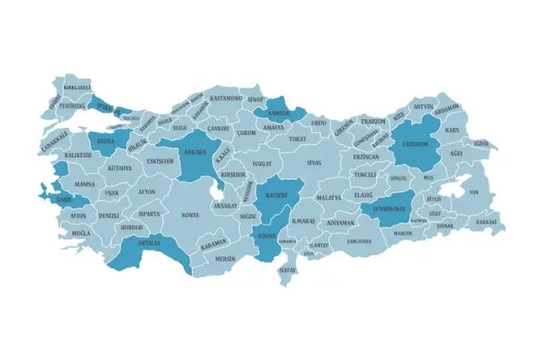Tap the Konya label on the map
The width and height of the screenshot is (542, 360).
tap(190, 215)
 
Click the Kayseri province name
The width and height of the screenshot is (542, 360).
tap(275, 195)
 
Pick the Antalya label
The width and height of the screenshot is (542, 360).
tap(149, 243)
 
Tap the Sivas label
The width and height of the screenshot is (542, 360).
tap(314, 163)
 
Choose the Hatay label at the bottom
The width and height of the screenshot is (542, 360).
tap(287, 269)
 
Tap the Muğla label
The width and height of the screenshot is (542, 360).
tap(81, 232)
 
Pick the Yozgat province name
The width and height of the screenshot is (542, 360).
tap(262, 163)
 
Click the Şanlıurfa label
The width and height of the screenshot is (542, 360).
tap(359, 241)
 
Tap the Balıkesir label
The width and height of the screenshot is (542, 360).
tap(78, 155)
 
